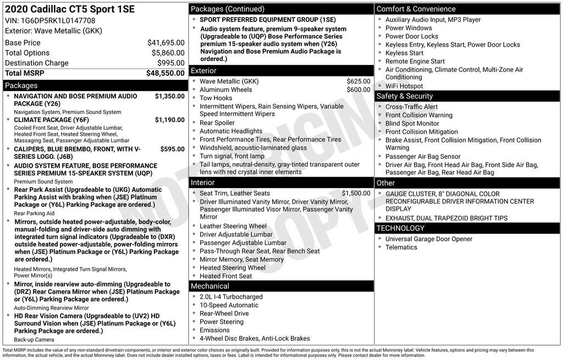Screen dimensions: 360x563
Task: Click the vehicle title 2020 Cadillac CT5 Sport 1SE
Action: pos(70,9)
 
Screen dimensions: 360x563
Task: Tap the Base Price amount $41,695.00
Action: pos(165,43)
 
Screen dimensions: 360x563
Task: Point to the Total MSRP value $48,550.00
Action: pos(165,73)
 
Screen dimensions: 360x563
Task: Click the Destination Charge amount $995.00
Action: pos(170,63)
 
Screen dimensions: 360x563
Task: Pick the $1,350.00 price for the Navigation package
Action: pos(169,96)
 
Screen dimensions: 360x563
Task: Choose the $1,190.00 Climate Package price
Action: pos(169,120)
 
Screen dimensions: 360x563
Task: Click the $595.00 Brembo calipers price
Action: pos(172,149)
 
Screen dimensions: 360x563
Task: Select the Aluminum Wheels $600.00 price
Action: pos(358,90)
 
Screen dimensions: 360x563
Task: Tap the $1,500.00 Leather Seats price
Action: pos(356,193)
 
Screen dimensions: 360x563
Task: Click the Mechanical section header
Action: pos(210,286)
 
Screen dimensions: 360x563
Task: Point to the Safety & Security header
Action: pos(405,96)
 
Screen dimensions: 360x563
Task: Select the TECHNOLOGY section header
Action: pos(400,228)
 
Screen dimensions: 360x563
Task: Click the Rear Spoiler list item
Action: pos(217,123)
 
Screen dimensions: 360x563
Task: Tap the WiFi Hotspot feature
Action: pos(404,86)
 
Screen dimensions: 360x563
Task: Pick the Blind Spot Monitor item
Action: pos(412,124)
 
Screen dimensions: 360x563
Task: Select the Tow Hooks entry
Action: pos(216,98)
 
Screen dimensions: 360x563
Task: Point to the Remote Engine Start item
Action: pos(415,62)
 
